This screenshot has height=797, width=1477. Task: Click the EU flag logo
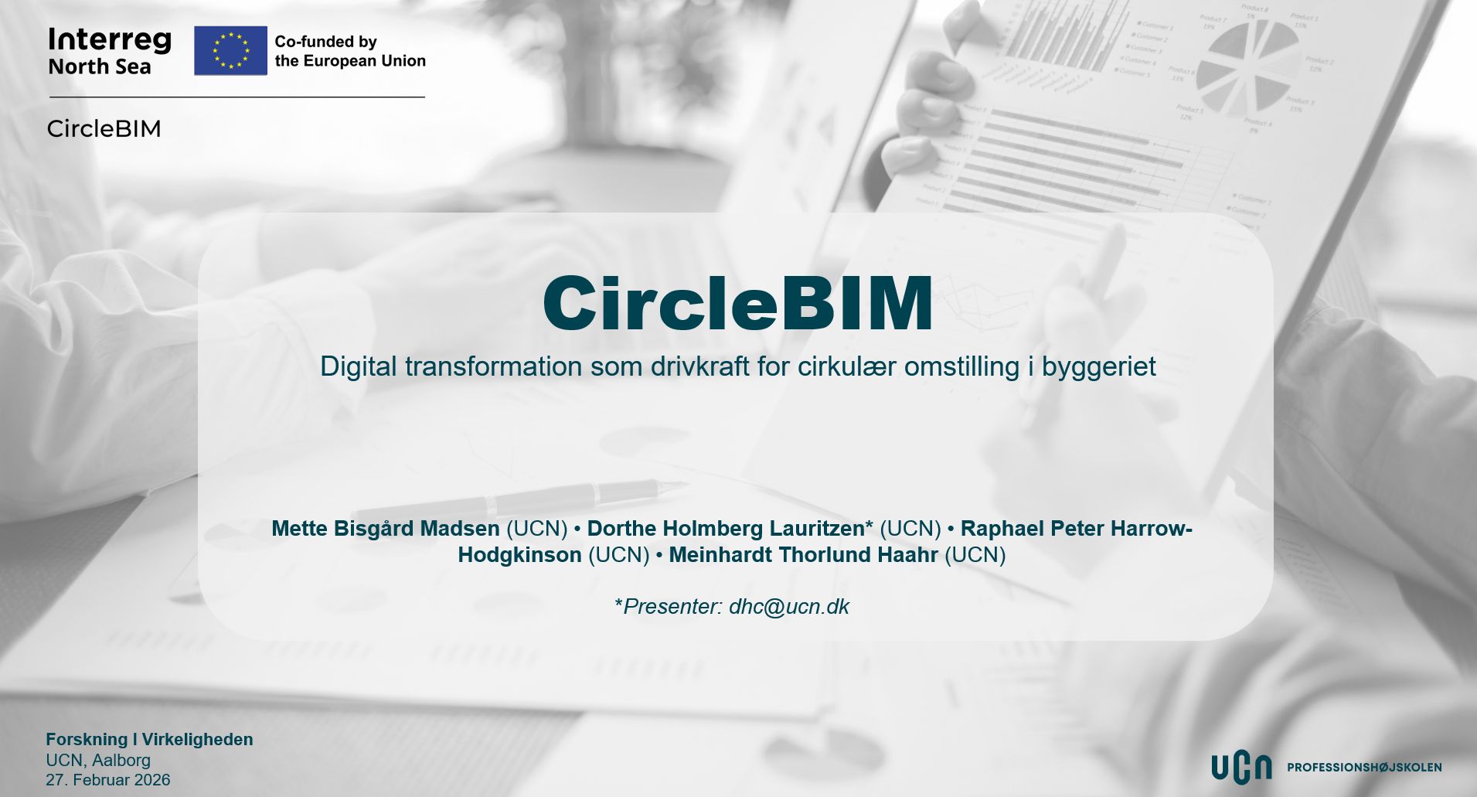(230, 50)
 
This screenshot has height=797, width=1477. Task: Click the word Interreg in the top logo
(110, 40)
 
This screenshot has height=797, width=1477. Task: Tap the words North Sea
(100, 66)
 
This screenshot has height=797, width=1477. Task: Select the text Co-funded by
(325, 42)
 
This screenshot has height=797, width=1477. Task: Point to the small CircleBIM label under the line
(104, 128)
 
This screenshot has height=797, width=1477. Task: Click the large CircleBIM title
(738, 303)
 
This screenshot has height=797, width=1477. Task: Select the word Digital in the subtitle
(359, 367)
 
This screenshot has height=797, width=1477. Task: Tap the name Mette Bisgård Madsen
(386, 529)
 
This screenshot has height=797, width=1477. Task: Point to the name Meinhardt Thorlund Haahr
(803, 555)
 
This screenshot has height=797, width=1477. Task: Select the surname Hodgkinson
(519, 555)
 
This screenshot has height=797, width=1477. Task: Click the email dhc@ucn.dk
(789, 607)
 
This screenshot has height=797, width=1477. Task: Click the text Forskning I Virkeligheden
(149, 740)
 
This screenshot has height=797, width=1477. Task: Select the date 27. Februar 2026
(108, 779)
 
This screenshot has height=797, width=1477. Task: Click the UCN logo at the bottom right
(1240, 767)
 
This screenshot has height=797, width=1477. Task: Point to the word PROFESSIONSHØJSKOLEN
(1364, 768)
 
